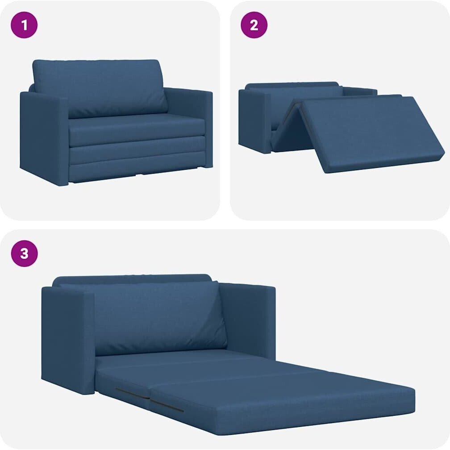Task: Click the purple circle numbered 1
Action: point(24,25)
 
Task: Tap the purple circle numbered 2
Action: point(254,25)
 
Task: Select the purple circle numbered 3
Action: point(25,254)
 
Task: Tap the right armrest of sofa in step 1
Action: point(189,126)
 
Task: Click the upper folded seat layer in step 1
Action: point(137,130)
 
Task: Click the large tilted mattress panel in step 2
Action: point(370,133)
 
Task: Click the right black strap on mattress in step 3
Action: point(167,405)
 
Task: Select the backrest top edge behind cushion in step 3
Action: point(132,279)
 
